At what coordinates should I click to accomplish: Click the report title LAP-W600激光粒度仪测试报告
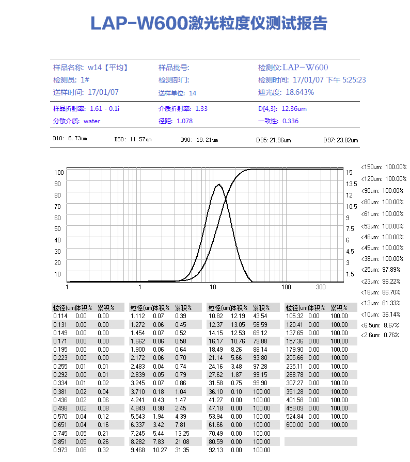pyautogui.click(x=209, y=23)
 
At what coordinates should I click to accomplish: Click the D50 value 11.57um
pyautogui.click(x=140, y=140)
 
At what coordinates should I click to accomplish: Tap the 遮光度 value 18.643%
pyautogui.click(x=299, y=92)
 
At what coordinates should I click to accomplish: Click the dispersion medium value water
pyautogui.click(x=91, y=121)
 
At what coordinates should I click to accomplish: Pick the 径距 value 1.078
pyautogui.click(x=184, y=121)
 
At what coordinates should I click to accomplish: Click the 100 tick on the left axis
pyautogui.click(x=58, y=172)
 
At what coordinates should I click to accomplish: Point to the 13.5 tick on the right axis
pyautogui.click(x=352, y=184)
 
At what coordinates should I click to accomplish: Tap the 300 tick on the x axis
pyautogui.click(x=321, y=287)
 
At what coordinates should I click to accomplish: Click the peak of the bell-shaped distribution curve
pyautogui.click(x=219, y=184)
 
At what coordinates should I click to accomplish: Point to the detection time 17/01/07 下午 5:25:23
pyautogui.click(x=329, y=80)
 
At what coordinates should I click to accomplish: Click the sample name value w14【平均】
pyautogui.click(x=108, y=68)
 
